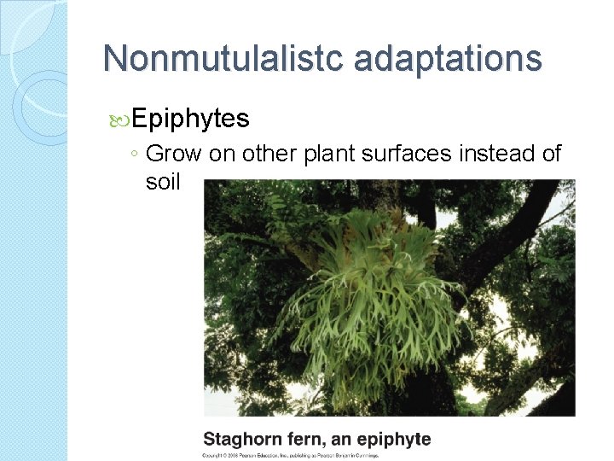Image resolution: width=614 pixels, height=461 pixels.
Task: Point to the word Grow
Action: tap(174, 154)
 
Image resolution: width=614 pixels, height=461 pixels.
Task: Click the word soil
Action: tap(164, 181)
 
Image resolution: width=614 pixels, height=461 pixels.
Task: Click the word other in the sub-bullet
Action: tap(276, 154)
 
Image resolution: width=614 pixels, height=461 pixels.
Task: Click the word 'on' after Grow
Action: tap(223, 154)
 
